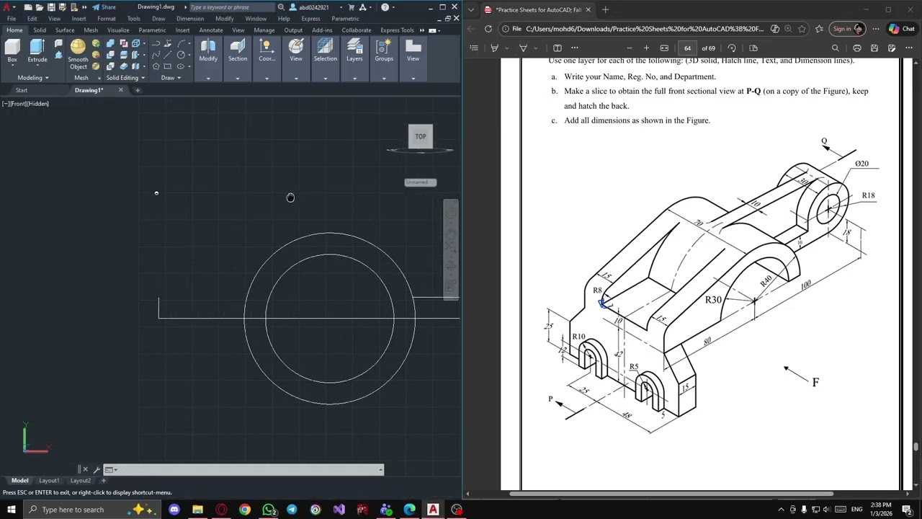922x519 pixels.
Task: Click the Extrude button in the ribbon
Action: point(37,50)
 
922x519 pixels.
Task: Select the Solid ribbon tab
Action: point(40,30)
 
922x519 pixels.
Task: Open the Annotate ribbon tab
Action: point(211,30)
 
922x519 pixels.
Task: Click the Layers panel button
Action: point(354,50)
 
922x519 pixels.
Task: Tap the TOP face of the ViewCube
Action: point(421,136)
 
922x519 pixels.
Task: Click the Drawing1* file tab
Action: point(89,90)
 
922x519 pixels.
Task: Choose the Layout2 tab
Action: point(81,481)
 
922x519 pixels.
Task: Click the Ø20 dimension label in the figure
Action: point(861,164)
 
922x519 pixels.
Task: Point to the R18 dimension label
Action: point(868,195)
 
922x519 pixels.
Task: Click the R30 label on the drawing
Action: point(713,300)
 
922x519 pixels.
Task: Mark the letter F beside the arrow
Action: point(815,383)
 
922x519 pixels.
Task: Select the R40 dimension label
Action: point(766,280)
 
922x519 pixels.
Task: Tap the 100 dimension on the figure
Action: point(805,285)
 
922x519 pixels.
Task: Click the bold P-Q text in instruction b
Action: point(753,92)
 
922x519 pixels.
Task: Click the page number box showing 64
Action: point(687,48)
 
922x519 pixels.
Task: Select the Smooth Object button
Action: point(78,53)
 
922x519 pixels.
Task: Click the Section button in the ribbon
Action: point(238,50)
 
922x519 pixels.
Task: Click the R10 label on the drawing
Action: point(578,337)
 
